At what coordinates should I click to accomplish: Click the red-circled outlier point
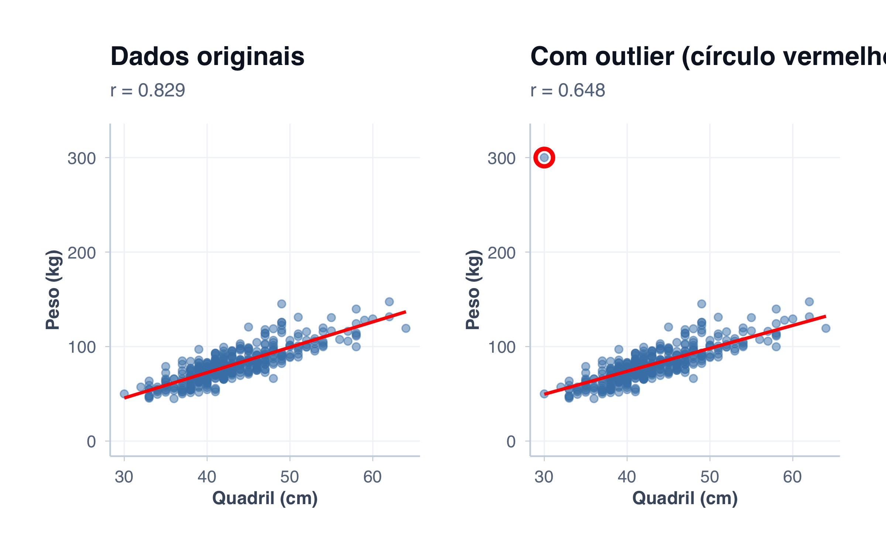point(544,158)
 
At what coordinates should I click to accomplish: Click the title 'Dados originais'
point(207,57)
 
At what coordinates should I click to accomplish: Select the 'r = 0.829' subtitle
point(148,90)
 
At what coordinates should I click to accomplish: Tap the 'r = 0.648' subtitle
point(567,90)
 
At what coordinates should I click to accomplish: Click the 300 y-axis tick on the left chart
point(82,158)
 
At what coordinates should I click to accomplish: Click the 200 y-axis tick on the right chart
point(501,253)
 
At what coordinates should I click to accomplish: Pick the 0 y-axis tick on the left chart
point(91,442)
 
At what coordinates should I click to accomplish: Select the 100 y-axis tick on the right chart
point(501,348)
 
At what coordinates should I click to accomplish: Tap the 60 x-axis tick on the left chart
point(372,477)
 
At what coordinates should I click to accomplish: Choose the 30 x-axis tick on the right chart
point(544,477)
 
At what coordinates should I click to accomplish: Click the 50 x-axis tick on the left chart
point(290,477)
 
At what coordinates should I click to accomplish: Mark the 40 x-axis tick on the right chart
point(627,477)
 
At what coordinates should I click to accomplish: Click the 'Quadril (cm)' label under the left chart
point(265,498)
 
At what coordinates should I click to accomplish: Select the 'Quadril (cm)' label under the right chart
point(685,498)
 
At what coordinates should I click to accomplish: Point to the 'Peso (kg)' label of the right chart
point(473,290)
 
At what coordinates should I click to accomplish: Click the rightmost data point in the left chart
point(406,328)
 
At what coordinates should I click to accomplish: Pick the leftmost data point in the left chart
point(124,394)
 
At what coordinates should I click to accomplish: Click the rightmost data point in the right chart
point(826,328)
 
